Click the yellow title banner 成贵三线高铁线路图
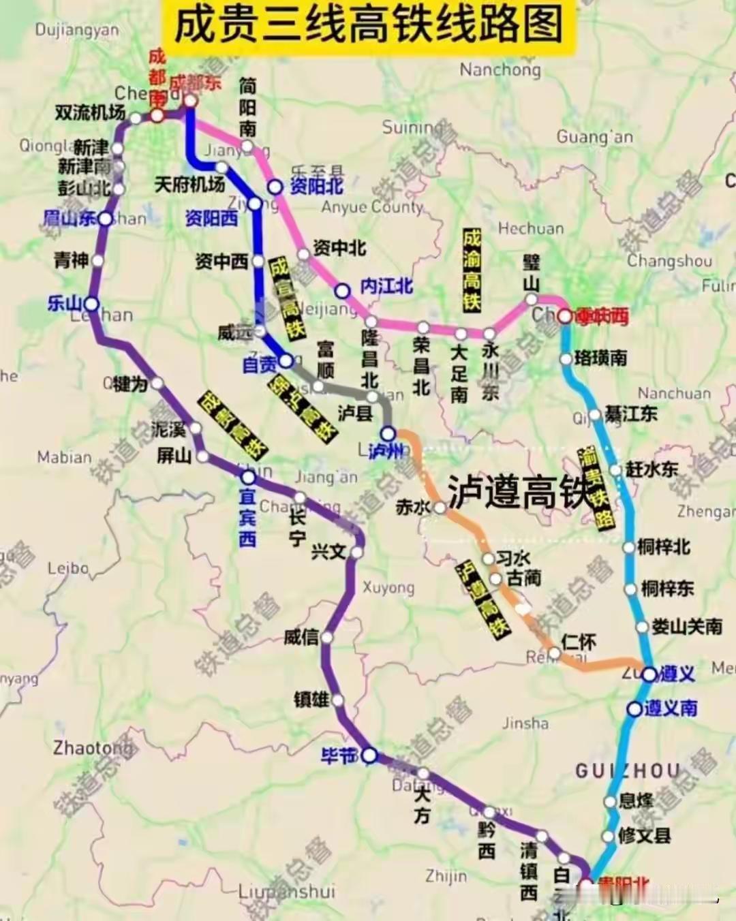point(369,26)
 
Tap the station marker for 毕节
point(369,755)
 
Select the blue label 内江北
point(386,286)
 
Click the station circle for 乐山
point(91,304)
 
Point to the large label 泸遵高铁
point(518,492)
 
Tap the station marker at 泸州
point(388,433)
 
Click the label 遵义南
point(671,708)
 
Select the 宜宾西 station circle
point(249,477)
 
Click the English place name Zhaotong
point(92,747)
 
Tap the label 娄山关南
point(687,627)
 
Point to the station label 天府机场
point(189,184)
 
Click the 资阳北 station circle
point(275,187)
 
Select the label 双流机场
point(91,112)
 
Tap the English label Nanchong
point(500,69)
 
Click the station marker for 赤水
point(440,508)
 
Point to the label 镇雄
point(311,699)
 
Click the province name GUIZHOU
point(627,771)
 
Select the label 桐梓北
point(664,547)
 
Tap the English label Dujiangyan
point(76,30)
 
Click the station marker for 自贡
point(286,360)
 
